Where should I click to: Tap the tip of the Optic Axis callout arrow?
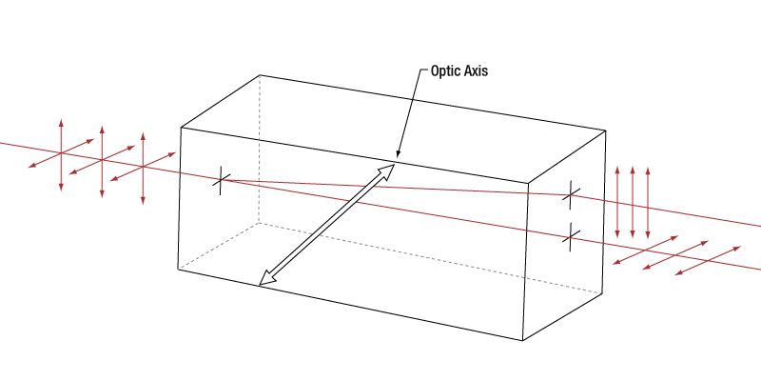399,155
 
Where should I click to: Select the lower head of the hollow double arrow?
266,277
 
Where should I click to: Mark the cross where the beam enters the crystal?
220,180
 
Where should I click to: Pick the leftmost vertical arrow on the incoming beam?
62,154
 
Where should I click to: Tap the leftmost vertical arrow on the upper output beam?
618,202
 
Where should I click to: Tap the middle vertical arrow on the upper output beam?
634,202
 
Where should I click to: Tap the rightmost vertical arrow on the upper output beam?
648,202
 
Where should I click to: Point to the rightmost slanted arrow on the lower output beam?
709,260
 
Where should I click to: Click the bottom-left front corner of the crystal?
181,269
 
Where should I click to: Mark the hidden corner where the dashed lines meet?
259,224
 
